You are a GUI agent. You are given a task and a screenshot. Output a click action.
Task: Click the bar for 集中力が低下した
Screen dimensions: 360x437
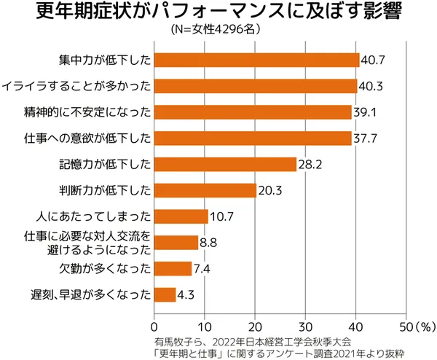tap(256, 60)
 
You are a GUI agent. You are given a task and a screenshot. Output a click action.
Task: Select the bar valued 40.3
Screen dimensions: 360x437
tap(256, 86)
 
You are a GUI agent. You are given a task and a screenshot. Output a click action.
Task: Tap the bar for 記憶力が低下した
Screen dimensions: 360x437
tap(225, 164)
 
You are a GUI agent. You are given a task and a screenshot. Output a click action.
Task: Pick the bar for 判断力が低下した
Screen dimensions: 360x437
tap(205, 190)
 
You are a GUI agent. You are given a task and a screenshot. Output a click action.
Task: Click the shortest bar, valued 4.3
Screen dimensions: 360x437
tap(165, 294)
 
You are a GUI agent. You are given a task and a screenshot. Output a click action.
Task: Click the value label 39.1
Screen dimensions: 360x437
tap(366, 112)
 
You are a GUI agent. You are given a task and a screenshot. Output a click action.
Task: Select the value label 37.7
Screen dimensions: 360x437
tap(366, 138)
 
